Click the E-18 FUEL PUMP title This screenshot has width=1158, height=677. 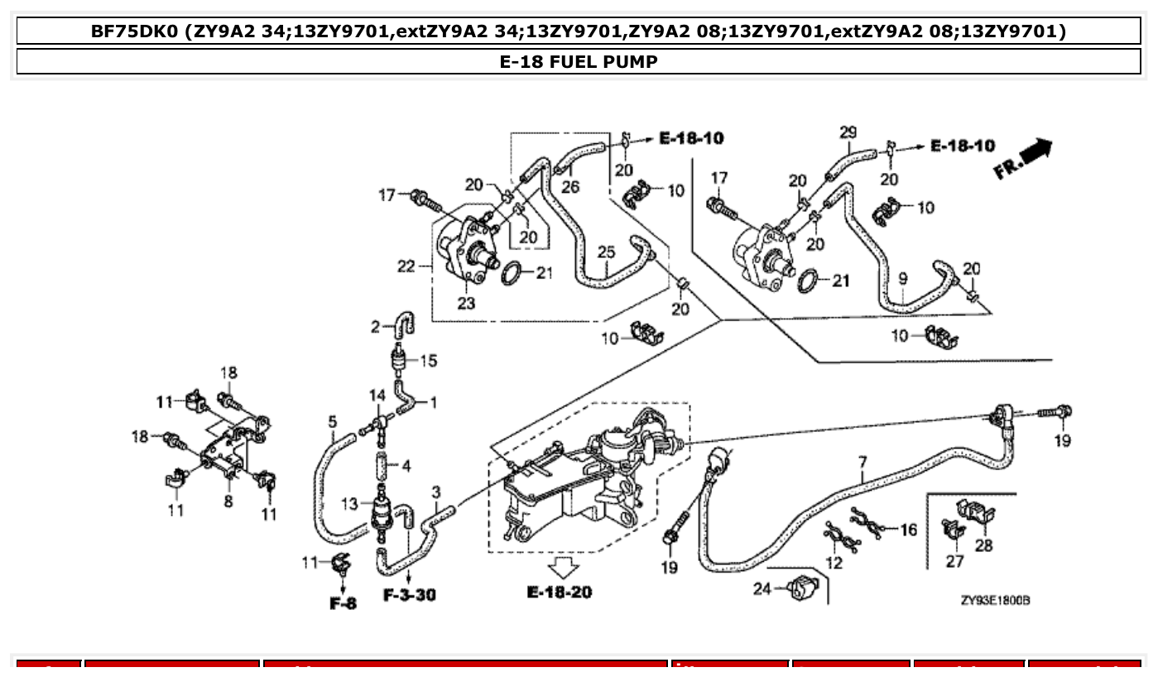coord(579,62)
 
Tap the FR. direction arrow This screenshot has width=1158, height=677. coord(1023,159)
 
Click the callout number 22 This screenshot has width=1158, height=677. coord(406,266)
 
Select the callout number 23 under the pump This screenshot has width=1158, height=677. coord(466,303)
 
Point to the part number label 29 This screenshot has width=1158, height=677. coord(848,132)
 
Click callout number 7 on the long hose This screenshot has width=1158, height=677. coord(862,462)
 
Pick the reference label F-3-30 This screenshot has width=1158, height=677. coord(410,595)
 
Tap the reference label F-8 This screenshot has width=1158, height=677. coord(343,603)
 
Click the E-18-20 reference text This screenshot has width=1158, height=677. coord(559,593)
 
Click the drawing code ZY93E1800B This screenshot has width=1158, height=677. coord(995,600)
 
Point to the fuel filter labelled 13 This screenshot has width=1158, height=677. coord(382,506)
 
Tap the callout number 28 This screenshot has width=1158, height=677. coord(983,545)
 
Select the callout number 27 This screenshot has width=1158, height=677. coord(955,562)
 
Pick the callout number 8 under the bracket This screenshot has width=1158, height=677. coord(228,502)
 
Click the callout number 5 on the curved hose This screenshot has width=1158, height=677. coord(332,422)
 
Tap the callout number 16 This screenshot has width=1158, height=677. coord(908,530)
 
